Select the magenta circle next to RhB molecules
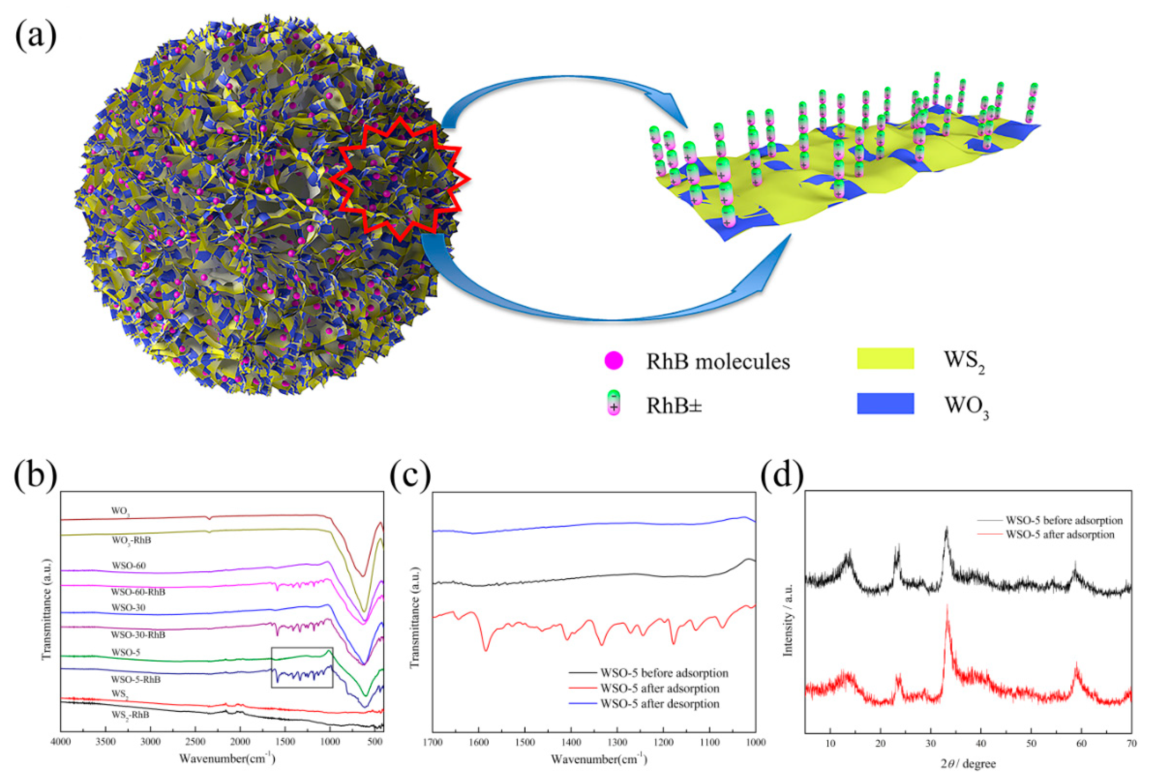(614, 361)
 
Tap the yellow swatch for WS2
(885, 358)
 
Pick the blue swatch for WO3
(885, 403)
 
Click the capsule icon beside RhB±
(614, 402)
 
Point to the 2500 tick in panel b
(195, 742)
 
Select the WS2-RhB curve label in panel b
(130, 715)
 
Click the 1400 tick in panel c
(571, 742)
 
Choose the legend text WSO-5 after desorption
(659, 704)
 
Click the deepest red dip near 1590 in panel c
(486, 650)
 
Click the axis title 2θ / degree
(968, 764)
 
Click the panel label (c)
(410, 475)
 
